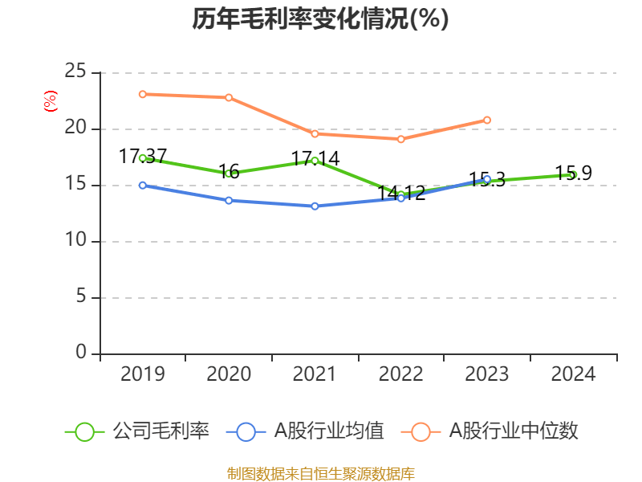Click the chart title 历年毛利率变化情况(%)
(x=320, y=18)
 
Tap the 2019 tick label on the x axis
(x=142, y=374)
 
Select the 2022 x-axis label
(x=400, y=374)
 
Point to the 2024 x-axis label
(x=573, y=374)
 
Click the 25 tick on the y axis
(x=75, y=72)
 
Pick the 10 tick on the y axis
(x=75, y=241)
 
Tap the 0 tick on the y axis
(x=81, y=353)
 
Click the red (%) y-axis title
(x=51, y=100)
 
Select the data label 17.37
(x=143, y=156)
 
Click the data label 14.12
(x=401, y=193)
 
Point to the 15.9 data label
(x=574, y=173)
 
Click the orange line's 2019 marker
(x=142, y=94)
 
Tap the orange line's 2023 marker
(x=487, y=120)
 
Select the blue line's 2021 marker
(x=315, y=206)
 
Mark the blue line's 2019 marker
(x=142, y=185)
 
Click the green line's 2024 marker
(x=573, y=174)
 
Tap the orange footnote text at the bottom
(x=320, y=473)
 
